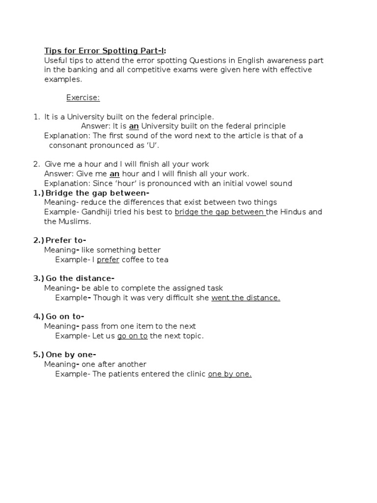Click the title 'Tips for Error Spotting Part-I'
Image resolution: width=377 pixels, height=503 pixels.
tap(105, 51)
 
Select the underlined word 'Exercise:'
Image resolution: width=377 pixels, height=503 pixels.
tap(83, 98)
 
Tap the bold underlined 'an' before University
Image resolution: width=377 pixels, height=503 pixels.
tap(134, 126)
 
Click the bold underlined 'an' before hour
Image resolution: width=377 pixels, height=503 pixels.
tap(114, 174)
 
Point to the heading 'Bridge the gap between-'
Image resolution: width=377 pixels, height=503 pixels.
tap(97, 193)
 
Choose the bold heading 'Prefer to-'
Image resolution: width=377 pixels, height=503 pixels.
tap(66, 240)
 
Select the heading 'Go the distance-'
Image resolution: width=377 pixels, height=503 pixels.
tap(80, 279)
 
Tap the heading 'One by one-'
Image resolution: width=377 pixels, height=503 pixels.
tap(71, 355)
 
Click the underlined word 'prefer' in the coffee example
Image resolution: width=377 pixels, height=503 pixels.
tap(108, 259)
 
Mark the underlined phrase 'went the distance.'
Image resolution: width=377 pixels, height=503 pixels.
tap(245, 298)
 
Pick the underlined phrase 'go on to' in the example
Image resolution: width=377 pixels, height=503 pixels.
tap(132, 336)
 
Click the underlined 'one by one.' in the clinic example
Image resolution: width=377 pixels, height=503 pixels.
tap(230, 374)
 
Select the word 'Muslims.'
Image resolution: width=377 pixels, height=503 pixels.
tap(75, 222)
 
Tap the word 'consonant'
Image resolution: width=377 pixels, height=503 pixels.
tap(68, 145)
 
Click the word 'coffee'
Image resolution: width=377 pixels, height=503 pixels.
tap(134, 259)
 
